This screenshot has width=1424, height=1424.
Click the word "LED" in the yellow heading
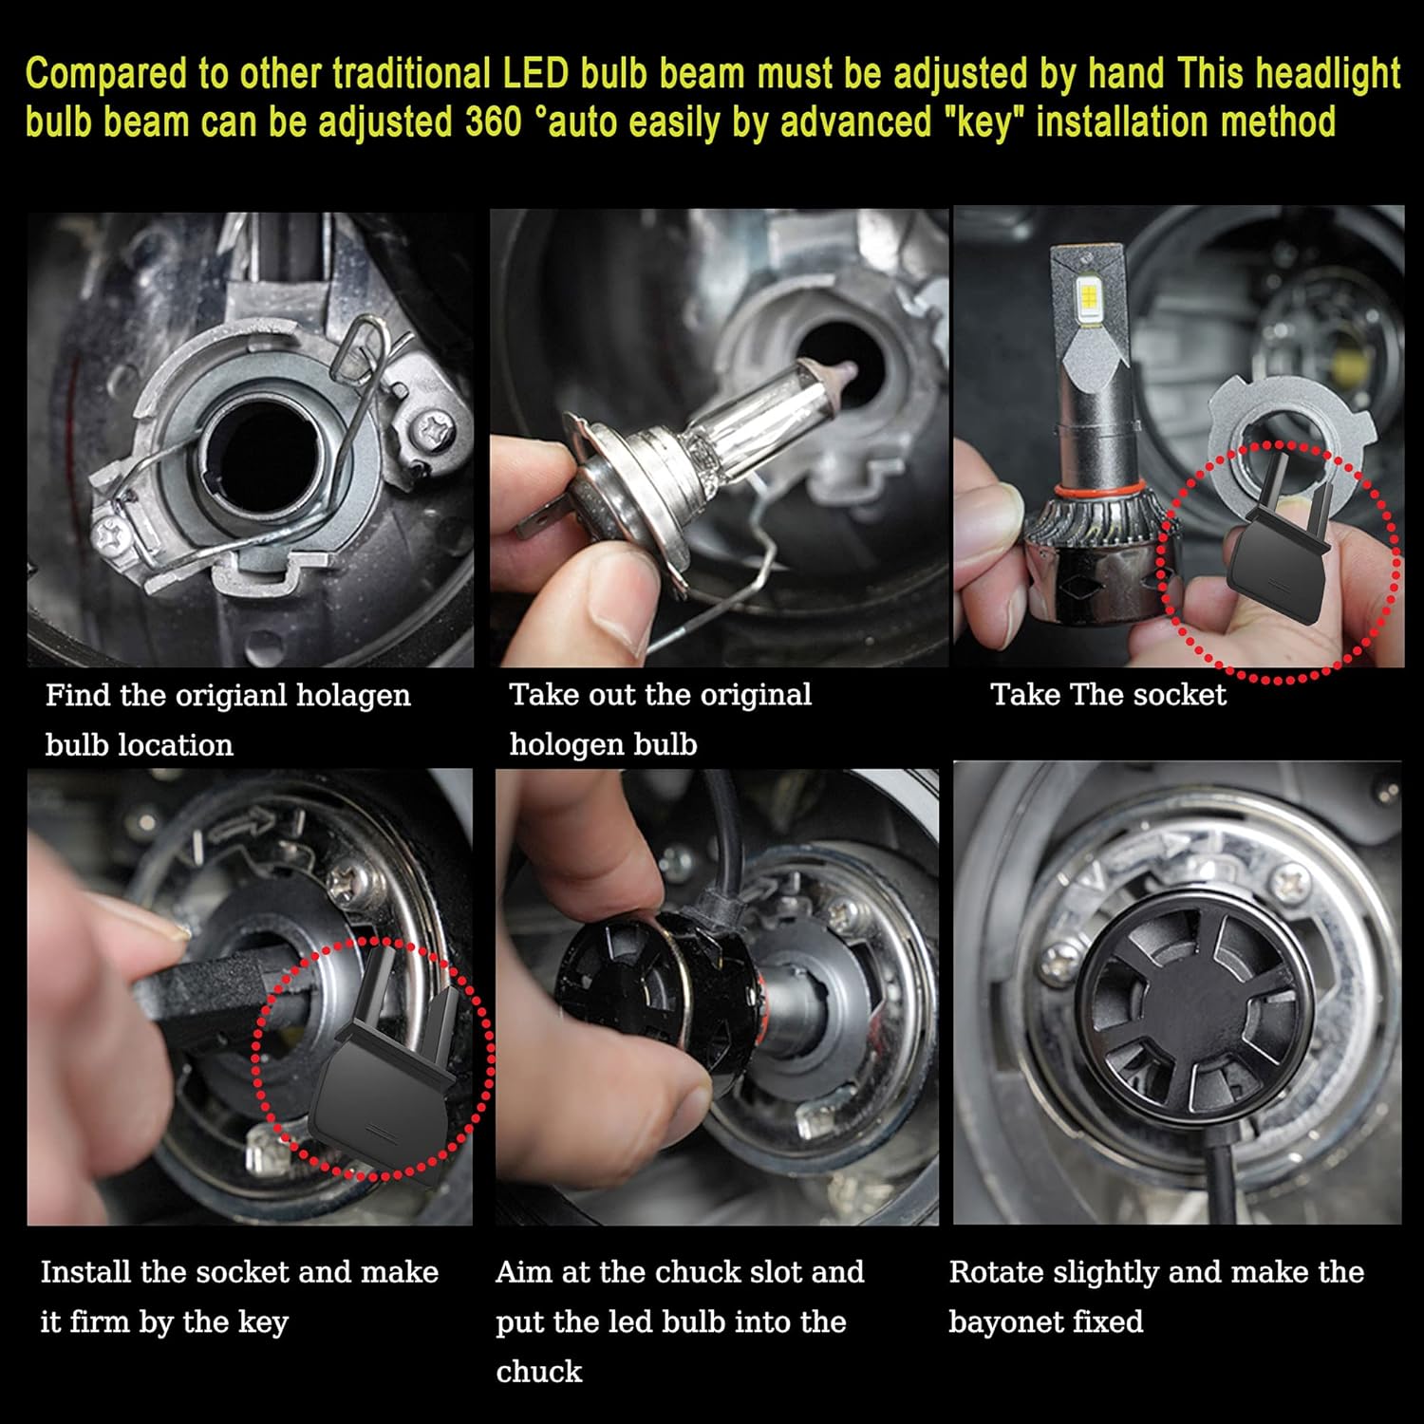click(534, 75)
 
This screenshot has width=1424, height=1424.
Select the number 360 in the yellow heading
click(494, 123)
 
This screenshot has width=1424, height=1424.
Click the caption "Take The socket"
click(1108, 695)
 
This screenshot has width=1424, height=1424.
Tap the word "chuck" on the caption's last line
click(538, 1372)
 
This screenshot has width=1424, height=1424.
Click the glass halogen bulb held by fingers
click(721, 418)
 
